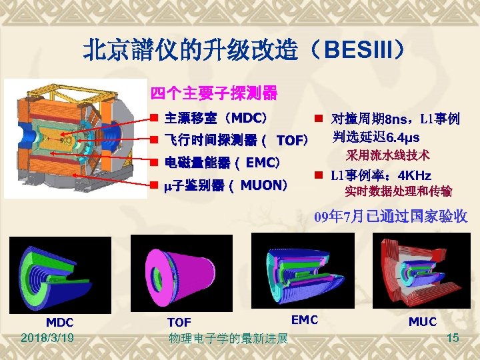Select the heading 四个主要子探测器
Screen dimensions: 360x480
pyautogui.click(x=213, y=93)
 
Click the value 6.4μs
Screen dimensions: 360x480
pyautogui.click(x=397, y=138)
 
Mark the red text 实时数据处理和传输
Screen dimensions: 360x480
pyautogui.click(x=398, y=192)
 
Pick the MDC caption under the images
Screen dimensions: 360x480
pyautogui.click(x=59, y=322)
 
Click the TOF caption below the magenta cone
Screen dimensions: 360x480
pyautogui.click(x=179, y=322)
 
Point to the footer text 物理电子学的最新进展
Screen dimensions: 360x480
pyautogui.click(x=228, y=339)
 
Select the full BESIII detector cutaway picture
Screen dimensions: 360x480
pyautogui.click(x=75, y=139)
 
